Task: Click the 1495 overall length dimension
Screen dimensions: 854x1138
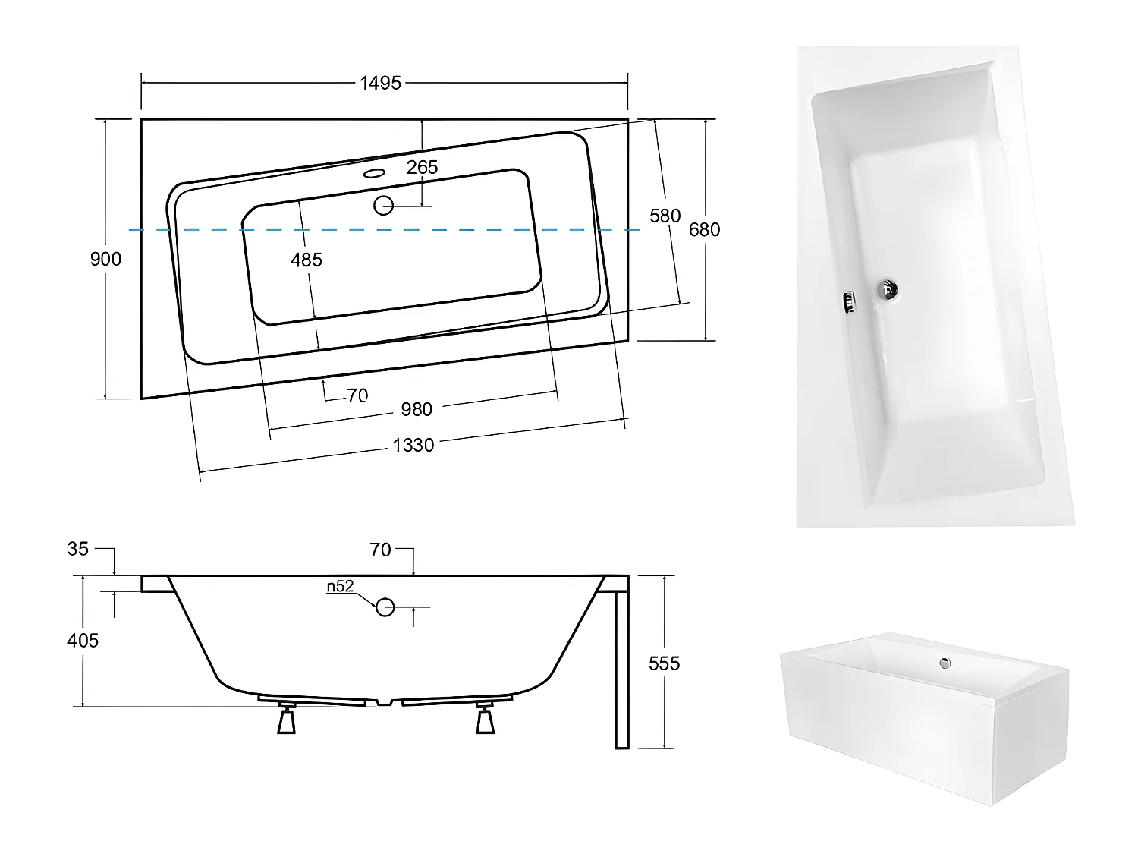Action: [380, 83]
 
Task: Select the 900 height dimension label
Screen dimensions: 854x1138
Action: [105, 259]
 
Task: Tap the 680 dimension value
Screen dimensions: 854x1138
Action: [704, 229]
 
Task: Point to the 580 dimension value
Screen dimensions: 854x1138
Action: [665, 216]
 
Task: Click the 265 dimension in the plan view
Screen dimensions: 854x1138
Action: [422, 167]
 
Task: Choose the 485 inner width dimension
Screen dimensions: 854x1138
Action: [307, 260]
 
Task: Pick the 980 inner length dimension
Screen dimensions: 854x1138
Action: [416, 409]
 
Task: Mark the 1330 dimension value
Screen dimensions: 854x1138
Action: [413, 445]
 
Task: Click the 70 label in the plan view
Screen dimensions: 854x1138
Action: [357, 395]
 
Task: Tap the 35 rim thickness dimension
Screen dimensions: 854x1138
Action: [78, 548]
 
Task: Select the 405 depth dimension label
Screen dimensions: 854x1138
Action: [83, 641]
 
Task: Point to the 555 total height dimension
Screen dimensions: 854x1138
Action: [665, 663]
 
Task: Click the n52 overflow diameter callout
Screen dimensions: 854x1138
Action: [341, 586]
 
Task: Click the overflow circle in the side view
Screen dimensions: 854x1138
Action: [385, 607]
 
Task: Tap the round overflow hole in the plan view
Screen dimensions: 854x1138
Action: [384, 205]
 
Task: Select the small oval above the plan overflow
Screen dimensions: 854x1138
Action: [374, 173]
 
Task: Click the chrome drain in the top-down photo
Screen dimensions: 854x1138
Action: [888, 288]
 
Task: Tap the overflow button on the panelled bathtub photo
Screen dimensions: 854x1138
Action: [945, 663]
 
